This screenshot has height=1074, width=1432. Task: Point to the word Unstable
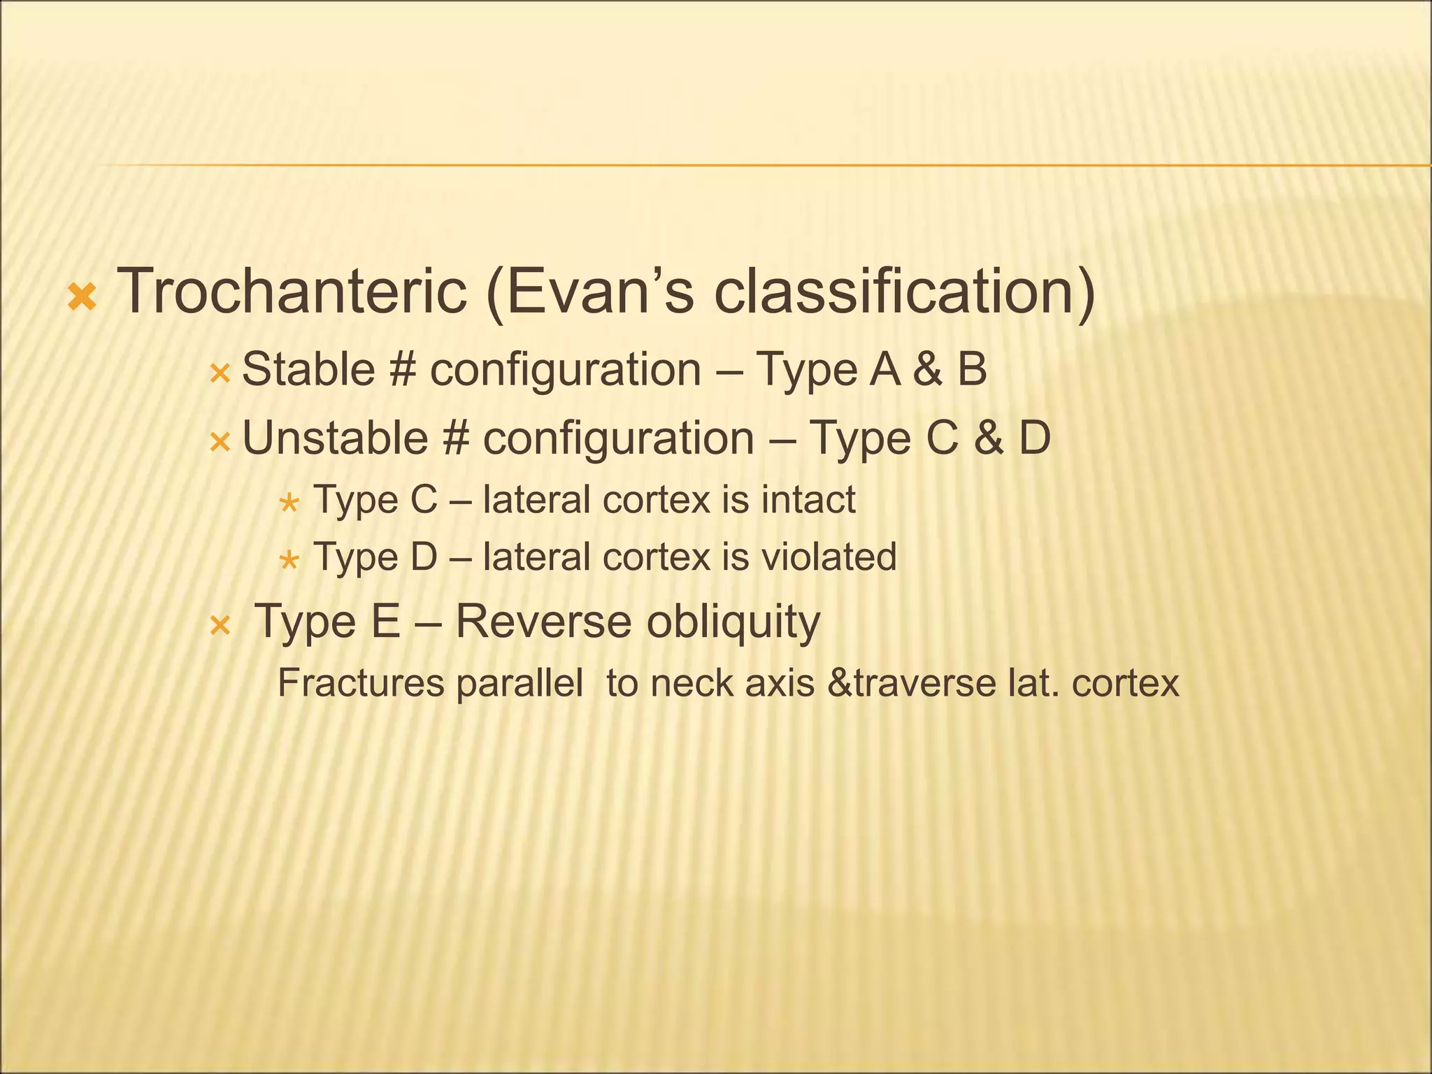tap(335, 438)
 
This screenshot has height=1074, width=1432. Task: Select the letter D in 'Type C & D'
tap(1034, 438)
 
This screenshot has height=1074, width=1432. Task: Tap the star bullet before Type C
tap(289, 503)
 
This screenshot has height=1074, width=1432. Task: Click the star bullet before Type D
tap(289, 560)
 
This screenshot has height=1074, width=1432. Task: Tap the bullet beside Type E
tap(220, 626)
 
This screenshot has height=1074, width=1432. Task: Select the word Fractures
tap(361, 683)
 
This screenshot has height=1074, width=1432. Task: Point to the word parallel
tap(520, 683)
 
